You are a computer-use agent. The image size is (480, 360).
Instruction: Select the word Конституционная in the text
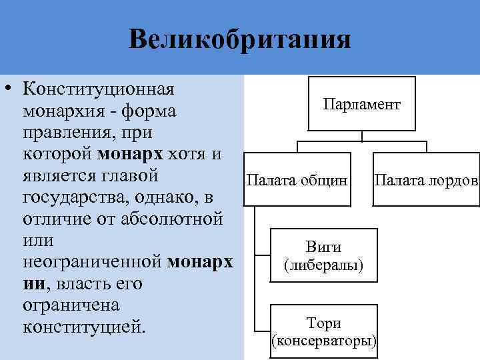click(99, 89)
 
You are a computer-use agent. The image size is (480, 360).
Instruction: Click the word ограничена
click(70, 305)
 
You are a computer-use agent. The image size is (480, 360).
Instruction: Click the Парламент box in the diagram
click(361, 104)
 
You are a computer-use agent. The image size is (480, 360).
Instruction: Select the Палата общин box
click(297, 180)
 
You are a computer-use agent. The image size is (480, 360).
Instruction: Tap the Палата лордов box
click(426, 180)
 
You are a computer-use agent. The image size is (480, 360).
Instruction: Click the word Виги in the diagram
click(323, 247)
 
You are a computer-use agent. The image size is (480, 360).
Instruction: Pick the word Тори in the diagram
click(323, 323)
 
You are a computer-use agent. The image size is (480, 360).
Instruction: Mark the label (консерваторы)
click(324, 341)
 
